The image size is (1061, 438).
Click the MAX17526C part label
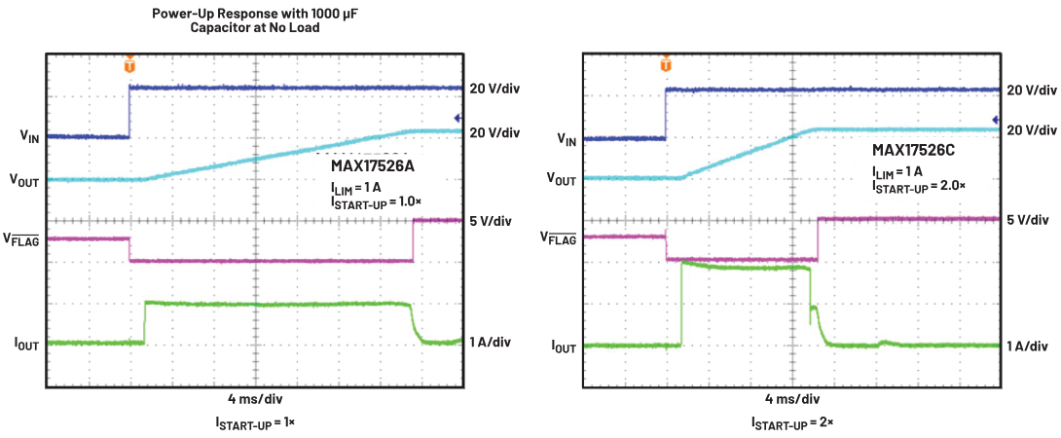click(912, 151)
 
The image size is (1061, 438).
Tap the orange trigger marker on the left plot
click(129, 65)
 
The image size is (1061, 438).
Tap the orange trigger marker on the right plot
click(666, 64)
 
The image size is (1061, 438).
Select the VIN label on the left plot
click(30, 138)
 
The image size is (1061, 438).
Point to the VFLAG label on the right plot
click(558, 237)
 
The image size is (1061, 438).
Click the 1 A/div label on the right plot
click(1028, 346)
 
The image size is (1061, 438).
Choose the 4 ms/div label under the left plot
click(256, 398)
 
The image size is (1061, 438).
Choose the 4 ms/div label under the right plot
click(790, 398)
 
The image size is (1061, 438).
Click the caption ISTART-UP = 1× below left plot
click(256, 421)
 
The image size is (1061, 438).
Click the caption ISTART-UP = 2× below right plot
click(791, 422)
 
